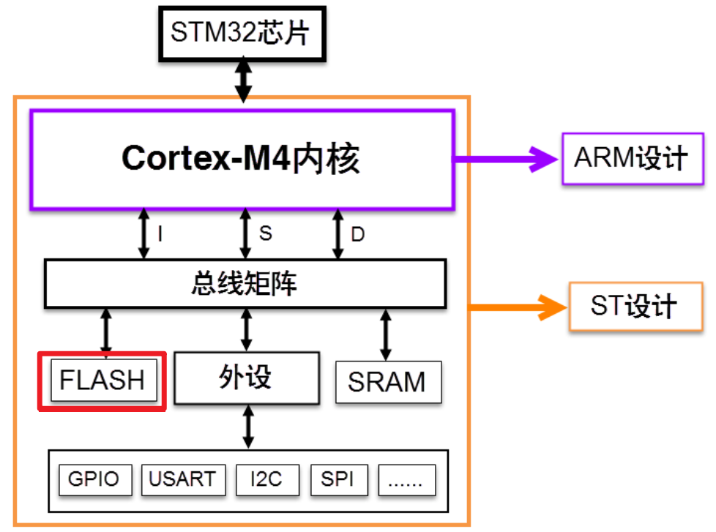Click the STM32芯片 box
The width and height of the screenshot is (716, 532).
click(x=242, y=34)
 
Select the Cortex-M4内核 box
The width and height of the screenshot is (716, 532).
click(x=242, y=160)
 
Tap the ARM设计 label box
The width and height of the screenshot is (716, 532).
click(x=633, y=158)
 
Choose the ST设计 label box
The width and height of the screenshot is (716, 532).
click(x=635, y=306)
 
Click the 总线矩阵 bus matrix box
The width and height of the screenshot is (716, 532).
click(x=245, y=283)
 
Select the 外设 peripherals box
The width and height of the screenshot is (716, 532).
click(x=247, y=378)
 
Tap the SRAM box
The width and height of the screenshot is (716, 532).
click(x=388, y=382)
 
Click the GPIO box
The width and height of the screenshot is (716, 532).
click(x=95, y=479)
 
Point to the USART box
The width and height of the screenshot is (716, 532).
click(x=183, y=479)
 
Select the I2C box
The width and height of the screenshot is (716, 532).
click(x=267, y=479)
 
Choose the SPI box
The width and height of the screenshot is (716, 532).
click(x=339, y=479)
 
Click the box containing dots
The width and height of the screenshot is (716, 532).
click(x=407, y=479)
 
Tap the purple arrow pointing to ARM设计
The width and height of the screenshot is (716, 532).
click(x=505, y=160)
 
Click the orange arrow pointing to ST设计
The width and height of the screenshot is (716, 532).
click(x=518, y=307)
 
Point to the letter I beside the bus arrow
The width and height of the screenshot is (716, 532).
click(x=160, y=233)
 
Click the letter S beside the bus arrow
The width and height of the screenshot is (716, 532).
click(x=265, y=233)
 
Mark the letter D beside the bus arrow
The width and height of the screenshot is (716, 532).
click(x=357, y=234)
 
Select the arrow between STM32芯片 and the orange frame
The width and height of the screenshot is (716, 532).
click(x=243, y=80)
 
